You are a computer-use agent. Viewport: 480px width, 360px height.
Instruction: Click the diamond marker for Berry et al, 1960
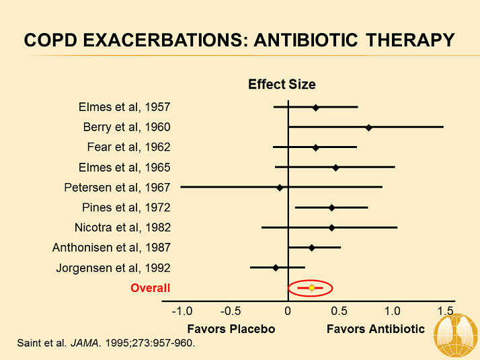(368, 127)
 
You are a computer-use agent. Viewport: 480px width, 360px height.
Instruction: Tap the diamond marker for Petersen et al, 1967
(280, 187)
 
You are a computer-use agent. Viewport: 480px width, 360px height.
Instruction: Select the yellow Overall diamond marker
(311, 288)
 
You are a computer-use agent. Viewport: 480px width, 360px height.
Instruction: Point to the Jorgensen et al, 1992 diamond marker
(276, 268)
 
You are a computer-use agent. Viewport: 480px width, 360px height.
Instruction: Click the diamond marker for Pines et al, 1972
(331, 207)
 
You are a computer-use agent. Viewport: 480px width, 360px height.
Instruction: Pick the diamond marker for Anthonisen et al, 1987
(311, 248)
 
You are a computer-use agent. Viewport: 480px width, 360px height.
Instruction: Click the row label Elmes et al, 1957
(124, 107)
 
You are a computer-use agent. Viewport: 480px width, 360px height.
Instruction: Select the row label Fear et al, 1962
(128, 147)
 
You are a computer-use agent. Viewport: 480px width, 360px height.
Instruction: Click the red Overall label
(150, 288)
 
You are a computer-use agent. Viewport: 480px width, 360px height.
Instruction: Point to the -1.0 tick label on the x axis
(182, 311)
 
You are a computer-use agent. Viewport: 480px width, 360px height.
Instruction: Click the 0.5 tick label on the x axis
(339, 311)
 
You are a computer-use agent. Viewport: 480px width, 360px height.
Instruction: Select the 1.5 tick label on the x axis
(444, 311)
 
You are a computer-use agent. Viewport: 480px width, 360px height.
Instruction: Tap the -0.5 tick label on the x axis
(234, 311)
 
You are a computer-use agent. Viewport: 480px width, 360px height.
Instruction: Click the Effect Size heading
(282, 84)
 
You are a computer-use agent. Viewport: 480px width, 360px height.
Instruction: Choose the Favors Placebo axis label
(231, 329)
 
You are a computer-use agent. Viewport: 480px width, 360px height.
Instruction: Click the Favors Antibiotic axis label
(376, 329)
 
